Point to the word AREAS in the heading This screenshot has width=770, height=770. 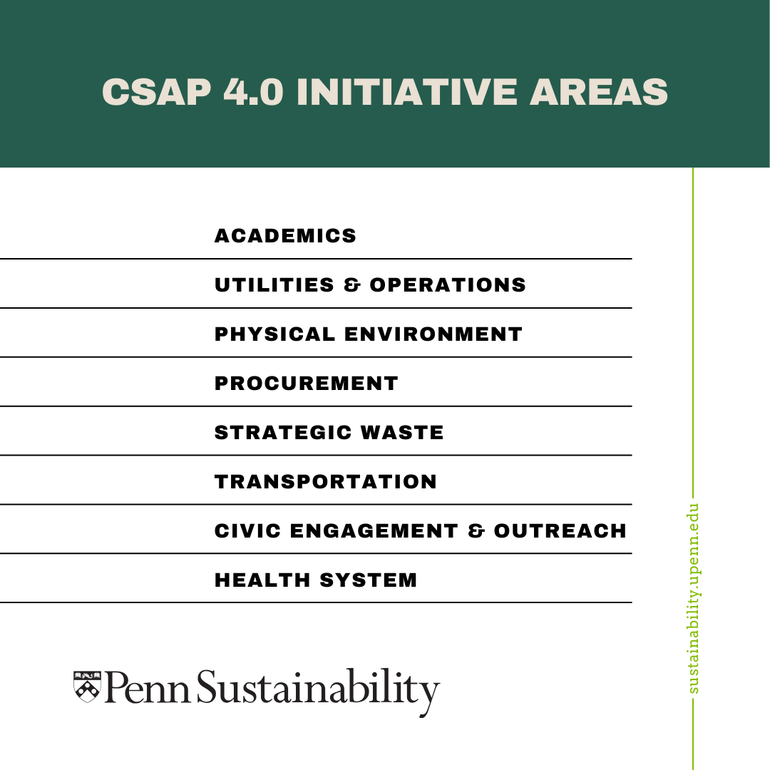click(x=599, y=92)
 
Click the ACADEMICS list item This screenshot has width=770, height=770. click(x=285, y=236)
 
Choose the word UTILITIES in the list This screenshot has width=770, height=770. click(x=274, y=285)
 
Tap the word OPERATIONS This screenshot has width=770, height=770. click(x=448, y=285)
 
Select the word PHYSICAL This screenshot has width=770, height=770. click(x=274, y=334)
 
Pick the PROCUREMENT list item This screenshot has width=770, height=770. click(x=306, y=384)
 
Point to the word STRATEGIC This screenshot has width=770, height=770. click(x=283, y=433)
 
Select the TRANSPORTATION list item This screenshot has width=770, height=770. click(x=325, y=482)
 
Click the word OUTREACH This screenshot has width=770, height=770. click(x=560, y=531)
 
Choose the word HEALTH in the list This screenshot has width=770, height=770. click(x=262, y=580)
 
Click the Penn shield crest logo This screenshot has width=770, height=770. click(x=87, y=686)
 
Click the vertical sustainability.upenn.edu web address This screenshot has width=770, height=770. click(x=694, y=599)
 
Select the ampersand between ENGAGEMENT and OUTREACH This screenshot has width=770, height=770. click(x=476, y=531)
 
